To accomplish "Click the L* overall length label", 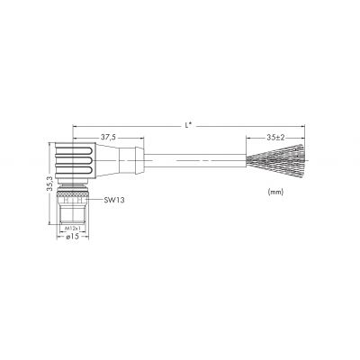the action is (188, 126).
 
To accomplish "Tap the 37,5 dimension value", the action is (109, 138).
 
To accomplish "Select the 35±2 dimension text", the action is (275, 138).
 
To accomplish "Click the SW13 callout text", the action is (114, 200).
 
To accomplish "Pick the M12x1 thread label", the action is (73, 229).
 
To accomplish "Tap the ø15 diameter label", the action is (72, 237).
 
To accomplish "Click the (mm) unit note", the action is (275, 192).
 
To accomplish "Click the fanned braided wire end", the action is (275, 158).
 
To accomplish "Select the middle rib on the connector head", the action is (74, 161).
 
